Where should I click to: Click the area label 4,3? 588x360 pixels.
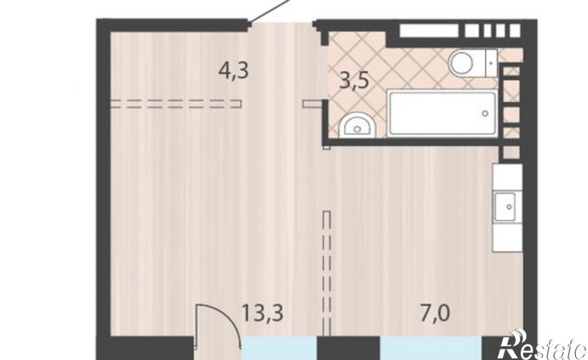point(234,71)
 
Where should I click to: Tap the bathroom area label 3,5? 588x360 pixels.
point(354,81)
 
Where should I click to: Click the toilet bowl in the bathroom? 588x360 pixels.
point(461,63)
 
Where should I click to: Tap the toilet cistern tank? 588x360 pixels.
point(491,63)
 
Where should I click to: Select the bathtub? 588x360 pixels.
point(443,114)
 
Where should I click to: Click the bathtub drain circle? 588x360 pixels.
point(485,113)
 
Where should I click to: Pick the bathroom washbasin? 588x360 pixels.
point(357,126)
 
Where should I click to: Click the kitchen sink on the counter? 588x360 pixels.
point(509,206)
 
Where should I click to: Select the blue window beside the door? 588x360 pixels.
point(279,349)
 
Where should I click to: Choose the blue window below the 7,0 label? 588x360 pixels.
point(431,349)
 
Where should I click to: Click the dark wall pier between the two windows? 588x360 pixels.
point(349,349)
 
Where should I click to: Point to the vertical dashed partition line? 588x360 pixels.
point(327,273)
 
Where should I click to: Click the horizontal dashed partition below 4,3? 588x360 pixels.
point(176,104)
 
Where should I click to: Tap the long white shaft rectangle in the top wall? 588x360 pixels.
point(429,31)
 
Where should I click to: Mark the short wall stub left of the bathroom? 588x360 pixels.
point(313,104)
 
